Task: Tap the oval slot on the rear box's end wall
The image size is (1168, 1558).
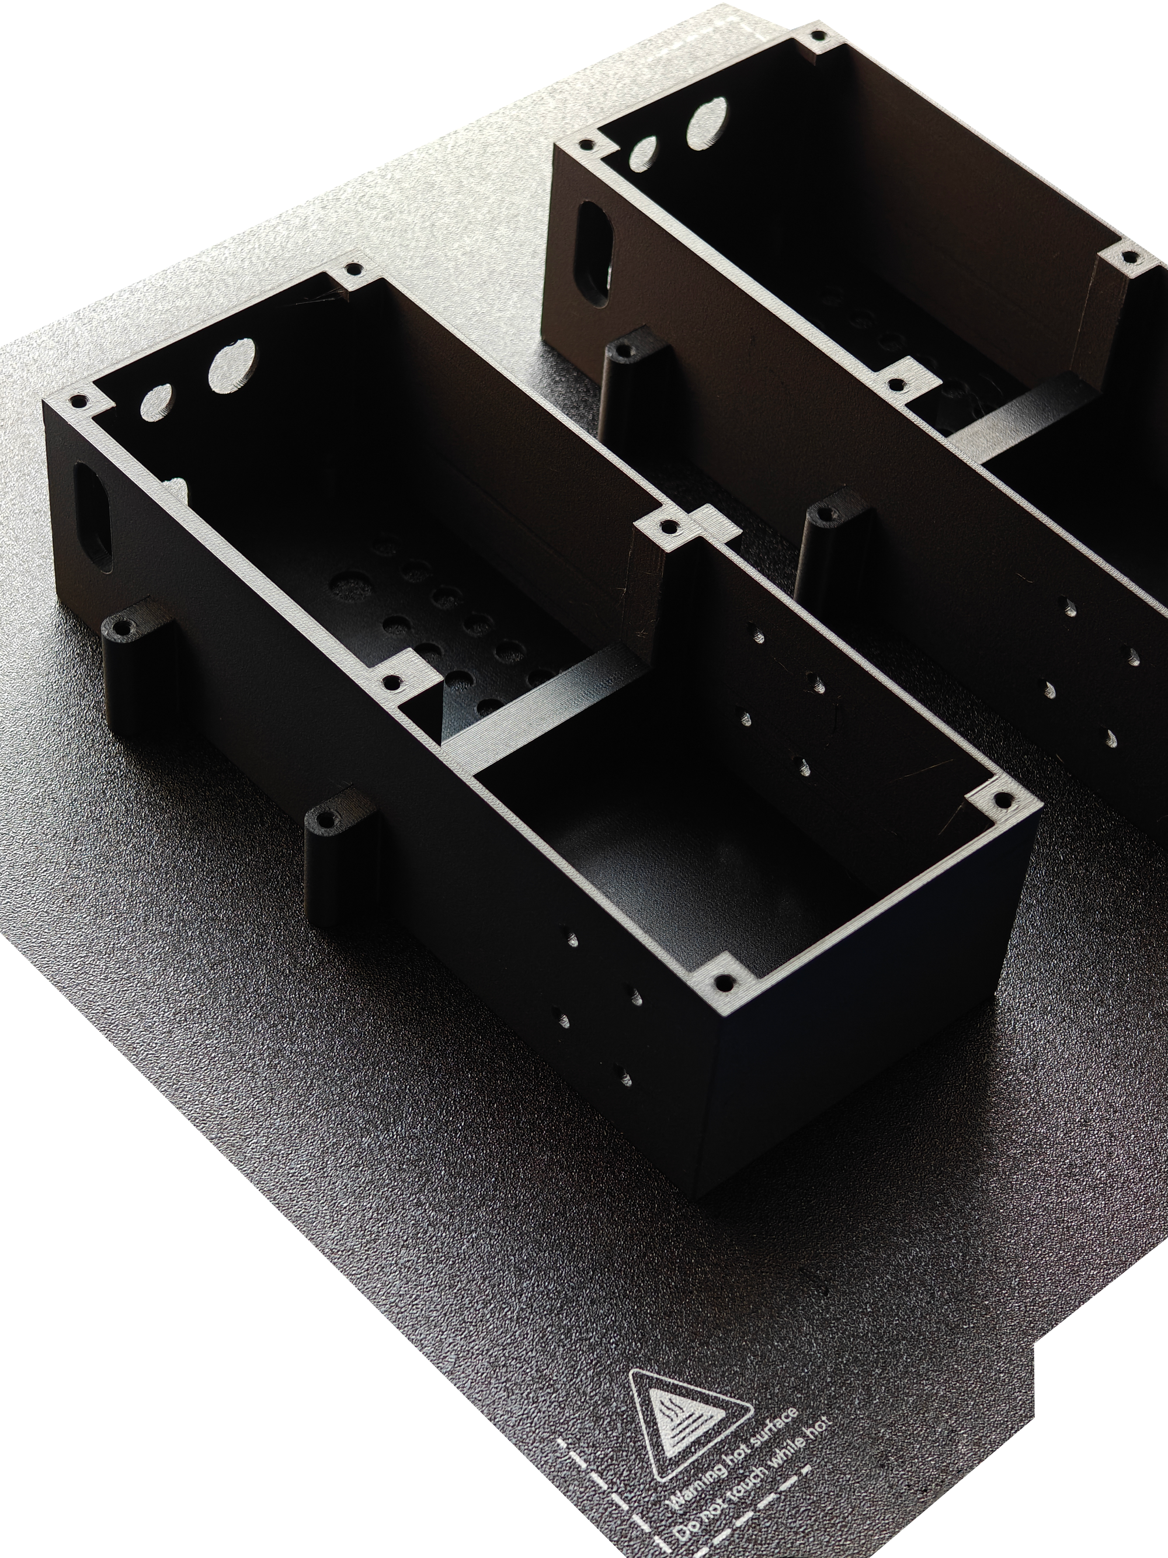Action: [x=596, y=253]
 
